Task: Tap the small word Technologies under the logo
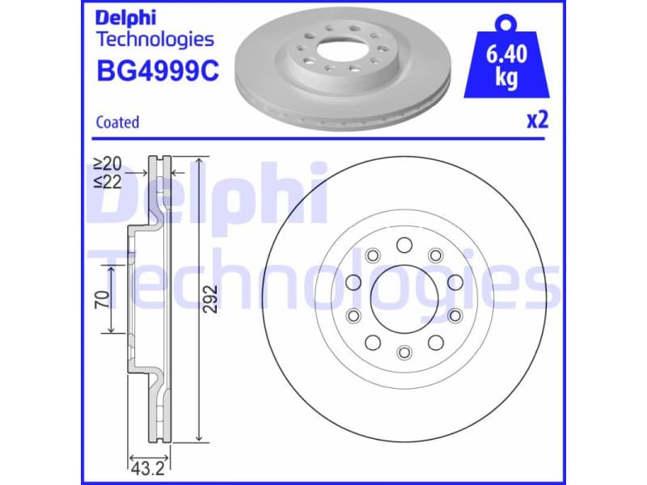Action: pos(154,39)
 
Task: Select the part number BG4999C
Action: pos(157,71)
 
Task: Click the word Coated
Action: pos(117,122)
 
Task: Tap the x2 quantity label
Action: pos(537,120)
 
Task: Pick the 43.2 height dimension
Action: pos(143,466)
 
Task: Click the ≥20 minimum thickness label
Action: pos(106,167)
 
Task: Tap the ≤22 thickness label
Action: pos(106,183)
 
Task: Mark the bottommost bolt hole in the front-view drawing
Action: pos(404,352)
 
